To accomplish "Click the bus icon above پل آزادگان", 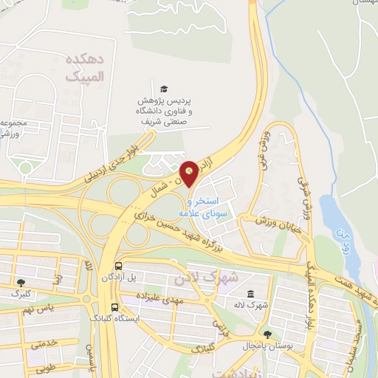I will point(117,266).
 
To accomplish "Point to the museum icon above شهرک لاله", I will point(252,293).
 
